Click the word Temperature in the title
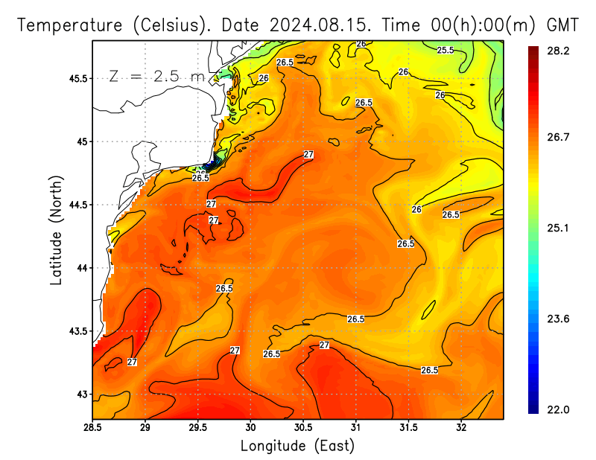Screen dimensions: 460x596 (x=70, y=25)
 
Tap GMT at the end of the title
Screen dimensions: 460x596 (x=562, y=25)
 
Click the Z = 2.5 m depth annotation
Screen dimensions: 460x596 (x=157, y=76)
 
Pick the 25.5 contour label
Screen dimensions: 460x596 (x=445, y=50)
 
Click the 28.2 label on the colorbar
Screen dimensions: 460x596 (x=559, y=51)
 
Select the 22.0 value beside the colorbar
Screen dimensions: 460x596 (x=559, y=409)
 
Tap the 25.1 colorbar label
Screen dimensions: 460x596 (x=559, y=228)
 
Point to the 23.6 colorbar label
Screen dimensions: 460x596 (x=559, y=319)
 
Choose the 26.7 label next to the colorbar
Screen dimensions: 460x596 (x=559, y=137)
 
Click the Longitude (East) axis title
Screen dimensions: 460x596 (x=297, y=446)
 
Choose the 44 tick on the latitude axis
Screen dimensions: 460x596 (x=82, y=268)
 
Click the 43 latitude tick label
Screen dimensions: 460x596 (x=82, y=394)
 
